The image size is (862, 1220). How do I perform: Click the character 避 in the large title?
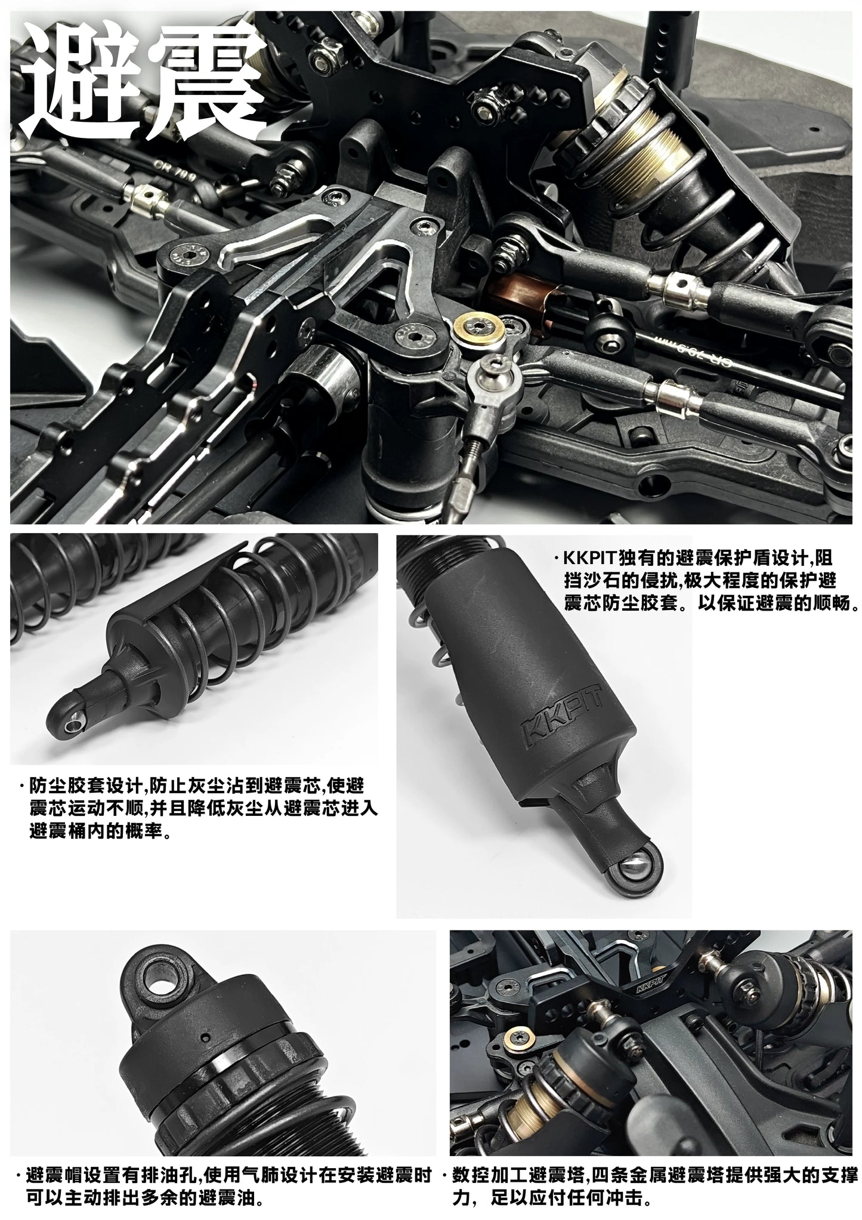81,81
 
